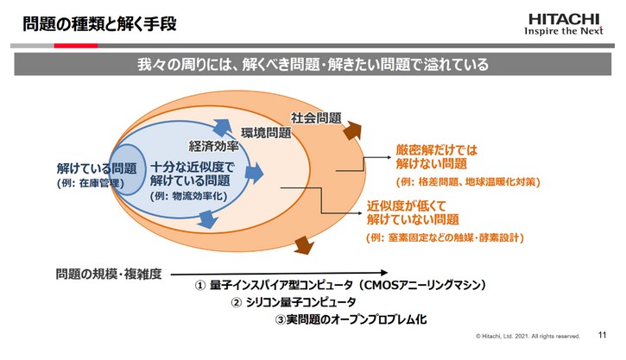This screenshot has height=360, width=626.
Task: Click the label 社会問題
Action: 316,117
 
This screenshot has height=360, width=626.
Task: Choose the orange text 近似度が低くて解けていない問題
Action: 413,212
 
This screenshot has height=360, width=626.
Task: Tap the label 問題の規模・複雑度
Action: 104,273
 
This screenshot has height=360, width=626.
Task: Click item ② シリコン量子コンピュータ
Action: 293,302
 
